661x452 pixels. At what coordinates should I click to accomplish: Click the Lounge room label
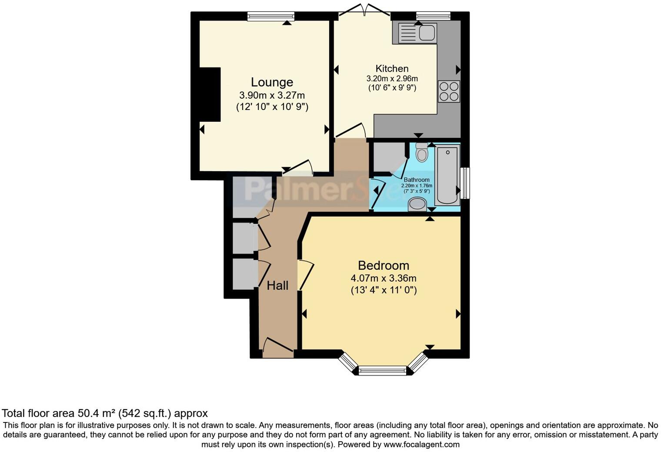click(272, 82)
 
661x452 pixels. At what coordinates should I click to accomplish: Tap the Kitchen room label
click(392, 69)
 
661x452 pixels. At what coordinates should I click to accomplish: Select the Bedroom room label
click(383, 265)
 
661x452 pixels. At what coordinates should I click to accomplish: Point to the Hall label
click(277, 286)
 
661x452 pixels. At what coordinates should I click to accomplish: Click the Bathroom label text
click(416, 180)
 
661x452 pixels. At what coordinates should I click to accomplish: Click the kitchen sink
click(414, 33)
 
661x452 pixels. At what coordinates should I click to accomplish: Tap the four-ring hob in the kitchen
click(449, 91)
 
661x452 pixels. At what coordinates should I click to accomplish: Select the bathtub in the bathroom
click(447, 176)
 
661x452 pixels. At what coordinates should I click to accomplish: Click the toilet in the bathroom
click(421, 153)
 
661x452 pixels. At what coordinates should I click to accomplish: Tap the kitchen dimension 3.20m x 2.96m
click(392, 79)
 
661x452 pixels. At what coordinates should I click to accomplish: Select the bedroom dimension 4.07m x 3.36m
click(383, 278)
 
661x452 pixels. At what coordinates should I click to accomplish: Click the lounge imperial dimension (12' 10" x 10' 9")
click(272, 106)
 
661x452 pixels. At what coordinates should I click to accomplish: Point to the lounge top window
click(270, 17)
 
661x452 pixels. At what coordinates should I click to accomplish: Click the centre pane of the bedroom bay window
click(383, 371)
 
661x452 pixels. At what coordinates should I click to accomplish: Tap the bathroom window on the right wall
click(465, 183)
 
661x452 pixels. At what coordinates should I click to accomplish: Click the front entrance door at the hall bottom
click(278, 349)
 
